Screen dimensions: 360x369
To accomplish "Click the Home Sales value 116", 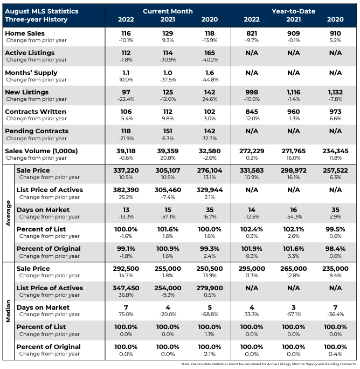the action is click(126, 33).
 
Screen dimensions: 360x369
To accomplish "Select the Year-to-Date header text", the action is click(293, 11).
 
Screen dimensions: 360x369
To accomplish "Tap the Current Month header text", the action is click(168, 11).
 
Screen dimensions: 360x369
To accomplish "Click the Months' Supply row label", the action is click(31, 73).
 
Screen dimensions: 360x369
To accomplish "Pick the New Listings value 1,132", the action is click(335, 92).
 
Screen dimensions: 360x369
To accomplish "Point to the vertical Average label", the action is click(8, 213).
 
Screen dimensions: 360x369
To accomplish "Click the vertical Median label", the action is click(8, 311).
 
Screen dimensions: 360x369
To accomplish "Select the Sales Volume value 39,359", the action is click(168, 151).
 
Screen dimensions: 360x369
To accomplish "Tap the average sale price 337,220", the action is click(126, 170).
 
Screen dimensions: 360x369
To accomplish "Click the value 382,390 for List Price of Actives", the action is click(126, 190).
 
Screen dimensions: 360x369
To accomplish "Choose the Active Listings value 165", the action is click(210, 53).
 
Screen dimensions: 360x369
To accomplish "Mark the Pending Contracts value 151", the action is click(168, 131).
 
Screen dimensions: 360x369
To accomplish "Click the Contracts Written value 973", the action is click(335, 112).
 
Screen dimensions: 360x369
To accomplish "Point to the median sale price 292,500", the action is click(126, 269).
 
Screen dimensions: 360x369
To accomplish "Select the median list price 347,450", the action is click(126, 288).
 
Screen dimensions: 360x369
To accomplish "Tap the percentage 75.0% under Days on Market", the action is click(126, 315).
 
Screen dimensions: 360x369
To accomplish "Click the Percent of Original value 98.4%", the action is click(335, 249).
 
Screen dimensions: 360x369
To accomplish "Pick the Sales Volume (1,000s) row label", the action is click(41, 151).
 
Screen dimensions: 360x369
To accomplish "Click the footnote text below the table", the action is click(269, 364).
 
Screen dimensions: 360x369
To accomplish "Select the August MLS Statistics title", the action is click(41, 11).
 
